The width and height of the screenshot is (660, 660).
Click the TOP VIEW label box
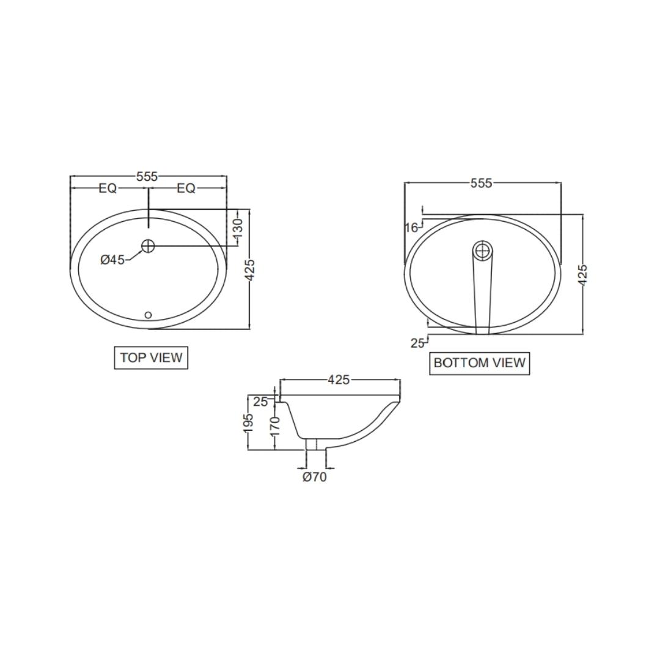tap(151, 358)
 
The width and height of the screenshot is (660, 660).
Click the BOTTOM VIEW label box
tap(479, 363)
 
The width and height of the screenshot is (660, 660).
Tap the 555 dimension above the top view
tap(147, 177)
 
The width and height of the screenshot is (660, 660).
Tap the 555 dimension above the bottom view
tap(481, 183)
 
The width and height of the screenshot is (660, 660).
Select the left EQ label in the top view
tap(108, 189)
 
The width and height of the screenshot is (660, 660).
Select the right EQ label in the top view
tap(186, 189)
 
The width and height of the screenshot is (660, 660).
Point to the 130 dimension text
tap(238, 227)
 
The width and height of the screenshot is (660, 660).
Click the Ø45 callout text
tap(112, 260)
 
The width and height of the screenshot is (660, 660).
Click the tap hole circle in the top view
tap(148, 246)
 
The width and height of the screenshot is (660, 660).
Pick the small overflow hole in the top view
tap(148, 315)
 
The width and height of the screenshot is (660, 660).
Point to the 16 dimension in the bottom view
tap(411, 228)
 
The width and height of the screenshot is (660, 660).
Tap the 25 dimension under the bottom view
tap(417, 343)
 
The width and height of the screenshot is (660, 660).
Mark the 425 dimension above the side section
tap(339, 380)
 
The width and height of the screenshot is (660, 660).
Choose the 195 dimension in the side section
tap(249, 423)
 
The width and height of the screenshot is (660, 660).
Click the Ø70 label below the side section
tap(315, 477)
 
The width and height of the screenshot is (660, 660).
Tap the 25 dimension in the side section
tap(260, 402)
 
